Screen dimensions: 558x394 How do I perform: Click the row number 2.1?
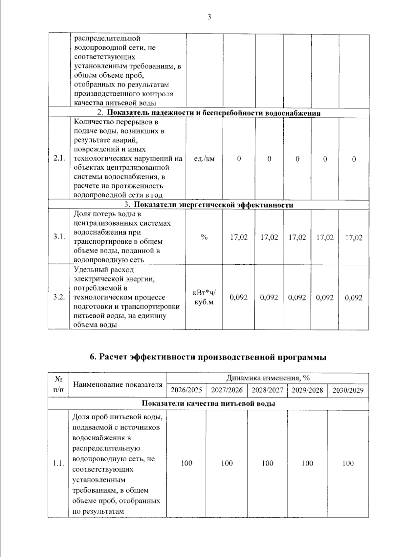(x=59, y=158)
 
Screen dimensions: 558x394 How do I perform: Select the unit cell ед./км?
(x=204, y=159)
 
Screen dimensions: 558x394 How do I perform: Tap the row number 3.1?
(x=59, y=237)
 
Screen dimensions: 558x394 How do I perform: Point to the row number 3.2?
(x=59, y=297)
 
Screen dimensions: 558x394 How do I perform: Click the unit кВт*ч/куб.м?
(x=204, y=297)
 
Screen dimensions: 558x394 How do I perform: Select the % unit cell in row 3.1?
(x=204, y=237)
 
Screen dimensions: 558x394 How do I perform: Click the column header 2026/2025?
(x=186, y=390)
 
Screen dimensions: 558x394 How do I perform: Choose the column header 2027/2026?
(x=227, y=390)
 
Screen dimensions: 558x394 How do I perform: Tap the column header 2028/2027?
(x=267, y=390)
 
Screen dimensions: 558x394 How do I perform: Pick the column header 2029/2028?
(x=307, y=390)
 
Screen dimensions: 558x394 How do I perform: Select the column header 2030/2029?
(x=348, y=390)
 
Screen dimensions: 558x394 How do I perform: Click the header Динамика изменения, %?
(x=268, y=378)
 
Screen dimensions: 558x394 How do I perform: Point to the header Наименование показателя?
(x=118, y=384)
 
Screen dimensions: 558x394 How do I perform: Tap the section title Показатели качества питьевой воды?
(x=208, y=403)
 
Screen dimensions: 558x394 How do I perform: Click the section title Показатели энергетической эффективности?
(x=214, y=205)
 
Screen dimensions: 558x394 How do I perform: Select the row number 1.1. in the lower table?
(x=58, y=464)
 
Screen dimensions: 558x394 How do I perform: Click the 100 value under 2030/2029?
(x=348, y=464)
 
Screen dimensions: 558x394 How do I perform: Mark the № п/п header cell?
(x=58, y=384)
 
